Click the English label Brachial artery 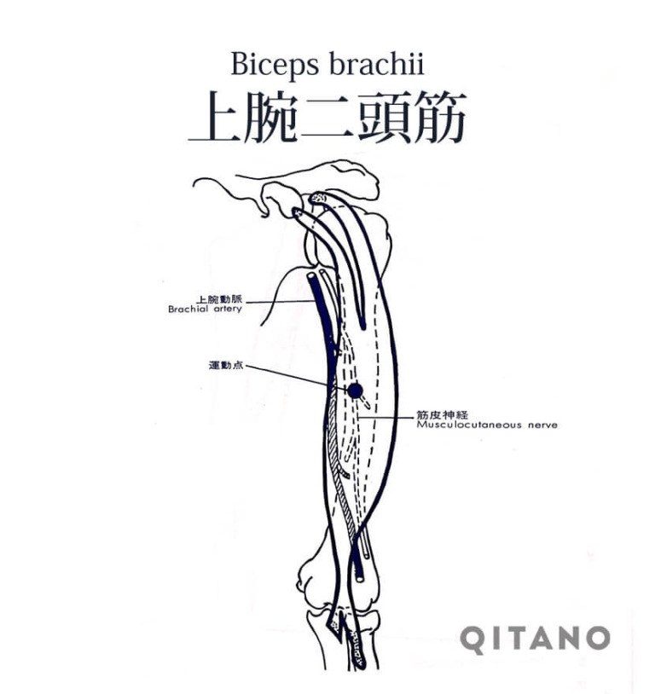(205, 309)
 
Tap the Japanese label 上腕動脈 (220, 299)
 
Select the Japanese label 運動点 (226, 366)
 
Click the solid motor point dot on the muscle (355, 390)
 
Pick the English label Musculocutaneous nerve (487, 425)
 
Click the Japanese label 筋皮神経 (442, 415)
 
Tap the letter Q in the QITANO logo (473, 639)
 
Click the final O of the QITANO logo (594, 638)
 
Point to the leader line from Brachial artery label (280, 302)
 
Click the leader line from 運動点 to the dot (296, 378)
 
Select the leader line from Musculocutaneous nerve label (385, 418)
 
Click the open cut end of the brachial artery (311, 275)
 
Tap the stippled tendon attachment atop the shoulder (318, 198)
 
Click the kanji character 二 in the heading (327, 118)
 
